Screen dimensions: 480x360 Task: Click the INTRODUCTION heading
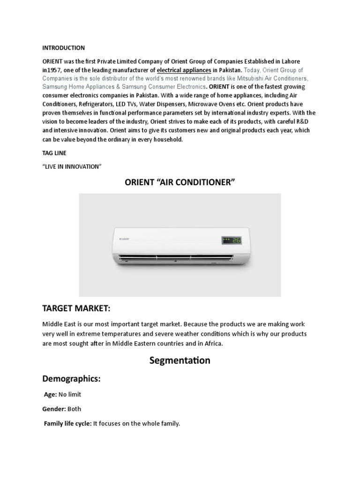63,48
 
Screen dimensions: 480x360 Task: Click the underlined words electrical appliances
183,70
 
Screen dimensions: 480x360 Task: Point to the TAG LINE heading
54,153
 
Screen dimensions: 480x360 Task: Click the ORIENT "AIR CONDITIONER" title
180,182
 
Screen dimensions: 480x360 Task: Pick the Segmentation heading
180,361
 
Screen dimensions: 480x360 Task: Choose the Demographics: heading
71,379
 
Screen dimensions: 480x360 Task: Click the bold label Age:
51,395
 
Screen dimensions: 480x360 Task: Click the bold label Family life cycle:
67,424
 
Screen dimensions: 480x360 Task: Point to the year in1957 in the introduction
52,70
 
